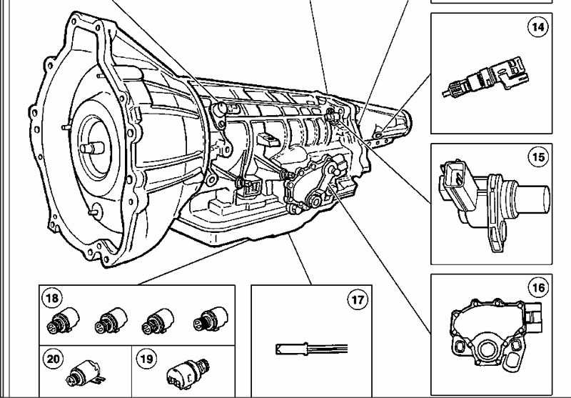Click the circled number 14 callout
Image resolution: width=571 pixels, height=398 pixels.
pyautogui.click(x=537, y=29)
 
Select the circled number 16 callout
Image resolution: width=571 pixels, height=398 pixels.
pyautogui.click(x=537, y=288)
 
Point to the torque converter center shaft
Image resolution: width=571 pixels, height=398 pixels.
pyautogui.click(x=91, y=148)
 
